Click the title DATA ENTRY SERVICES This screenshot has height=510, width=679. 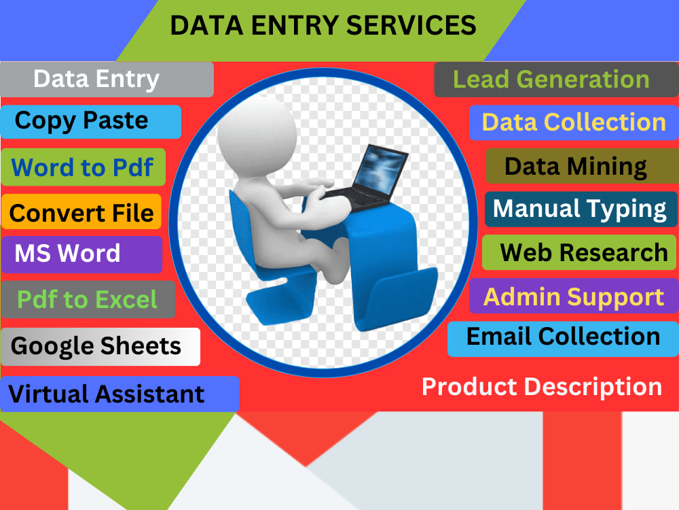pyautogui.click(x=323, y=25)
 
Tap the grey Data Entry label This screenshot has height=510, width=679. pyautogui.click(x=107, y=80)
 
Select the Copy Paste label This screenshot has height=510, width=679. pyautogui.click(x=90, y=122)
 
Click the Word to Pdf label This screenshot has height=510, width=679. pyautogui.click(x=83, y=167)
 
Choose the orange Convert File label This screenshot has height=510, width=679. pyautogui.click(x=81, y=211)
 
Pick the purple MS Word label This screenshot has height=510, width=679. pyautogui.click(x=82, y=254)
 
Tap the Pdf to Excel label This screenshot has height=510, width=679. pyautogui.click(x=88, y=299)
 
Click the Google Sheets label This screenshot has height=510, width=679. pyautogui.click(x=100, y=347)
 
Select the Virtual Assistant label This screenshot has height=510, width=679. pyautogui.click(x=120, y=394)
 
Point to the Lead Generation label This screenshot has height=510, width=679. pyautogui.click(x=557, y=80)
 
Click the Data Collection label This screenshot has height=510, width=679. pyautogui.click(x=574, y=122)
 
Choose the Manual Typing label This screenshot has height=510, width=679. pyautogui.click(x=581, y=209)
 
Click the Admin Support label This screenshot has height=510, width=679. pyautogui.click(x=574, y=296)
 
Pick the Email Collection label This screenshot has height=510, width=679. pyautogui.click(x=563, y=339)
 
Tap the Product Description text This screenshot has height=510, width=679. pyautogui.click(x=542, y=386)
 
